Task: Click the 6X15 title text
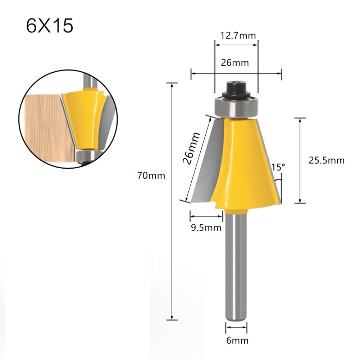[50, 26]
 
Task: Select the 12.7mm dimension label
[237, 35]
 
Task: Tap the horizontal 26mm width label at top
[235, 62]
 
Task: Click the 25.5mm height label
[326, 160]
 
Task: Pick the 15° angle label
[278, 167]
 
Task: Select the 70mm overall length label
[151, 176]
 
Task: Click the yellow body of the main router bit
[245, 165]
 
